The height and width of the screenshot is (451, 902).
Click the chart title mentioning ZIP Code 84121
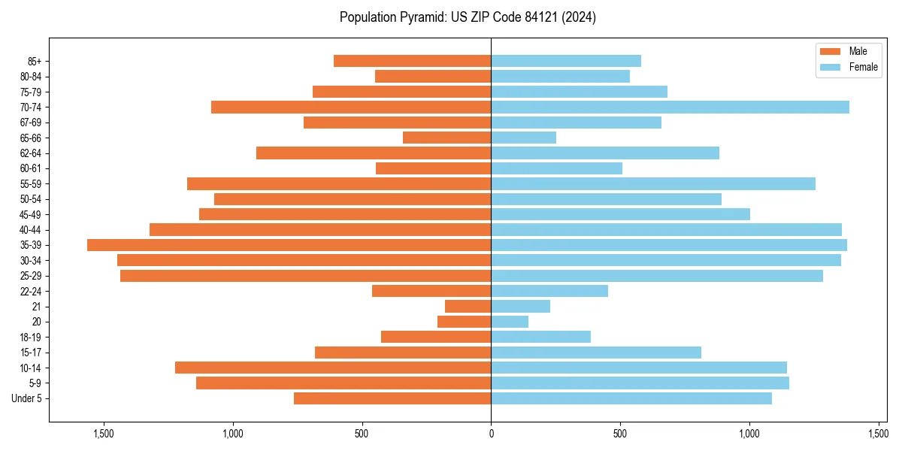pos(468,17)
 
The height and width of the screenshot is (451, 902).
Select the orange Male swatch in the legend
pos(830,51)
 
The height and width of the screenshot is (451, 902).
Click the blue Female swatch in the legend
pos(830,67)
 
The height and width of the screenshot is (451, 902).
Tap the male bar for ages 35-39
pos(289,245)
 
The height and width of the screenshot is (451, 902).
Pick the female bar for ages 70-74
pos(670,107)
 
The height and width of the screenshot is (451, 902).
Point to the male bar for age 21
pos(468,307)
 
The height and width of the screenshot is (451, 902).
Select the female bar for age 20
pos(510,322)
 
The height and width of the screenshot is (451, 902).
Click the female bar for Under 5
pos(631,398)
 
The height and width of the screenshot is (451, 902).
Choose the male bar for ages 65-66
pos(447,138)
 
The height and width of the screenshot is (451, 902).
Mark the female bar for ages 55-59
pos(653,184)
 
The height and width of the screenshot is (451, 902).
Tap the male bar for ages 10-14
pos(333,368)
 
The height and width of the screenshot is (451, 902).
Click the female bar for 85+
pos(566,61)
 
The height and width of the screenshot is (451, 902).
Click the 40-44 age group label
pos(30,230)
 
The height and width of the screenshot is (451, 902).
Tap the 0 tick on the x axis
pos(491,434)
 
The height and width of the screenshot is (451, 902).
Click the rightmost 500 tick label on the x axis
pos(620,434)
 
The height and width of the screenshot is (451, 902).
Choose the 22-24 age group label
pos(30,292)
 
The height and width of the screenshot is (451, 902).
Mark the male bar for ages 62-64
pos(374,153)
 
